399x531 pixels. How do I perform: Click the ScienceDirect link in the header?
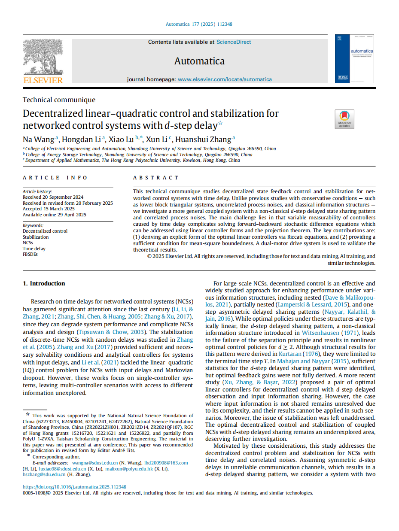234,42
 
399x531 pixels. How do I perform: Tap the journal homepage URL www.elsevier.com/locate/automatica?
225,79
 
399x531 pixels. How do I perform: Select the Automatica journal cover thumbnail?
354,59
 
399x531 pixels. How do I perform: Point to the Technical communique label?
59,100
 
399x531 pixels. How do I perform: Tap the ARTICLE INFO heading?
55,178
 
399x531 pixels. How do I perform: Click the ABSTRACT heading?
155,178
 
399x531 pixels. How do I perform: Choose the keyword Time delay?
34,249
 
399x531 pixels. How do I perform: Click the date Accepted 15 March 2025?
49,209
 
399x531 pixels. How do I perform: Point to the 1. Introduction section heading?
44,283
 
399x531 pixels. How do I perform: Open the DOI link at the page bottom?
74,487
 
